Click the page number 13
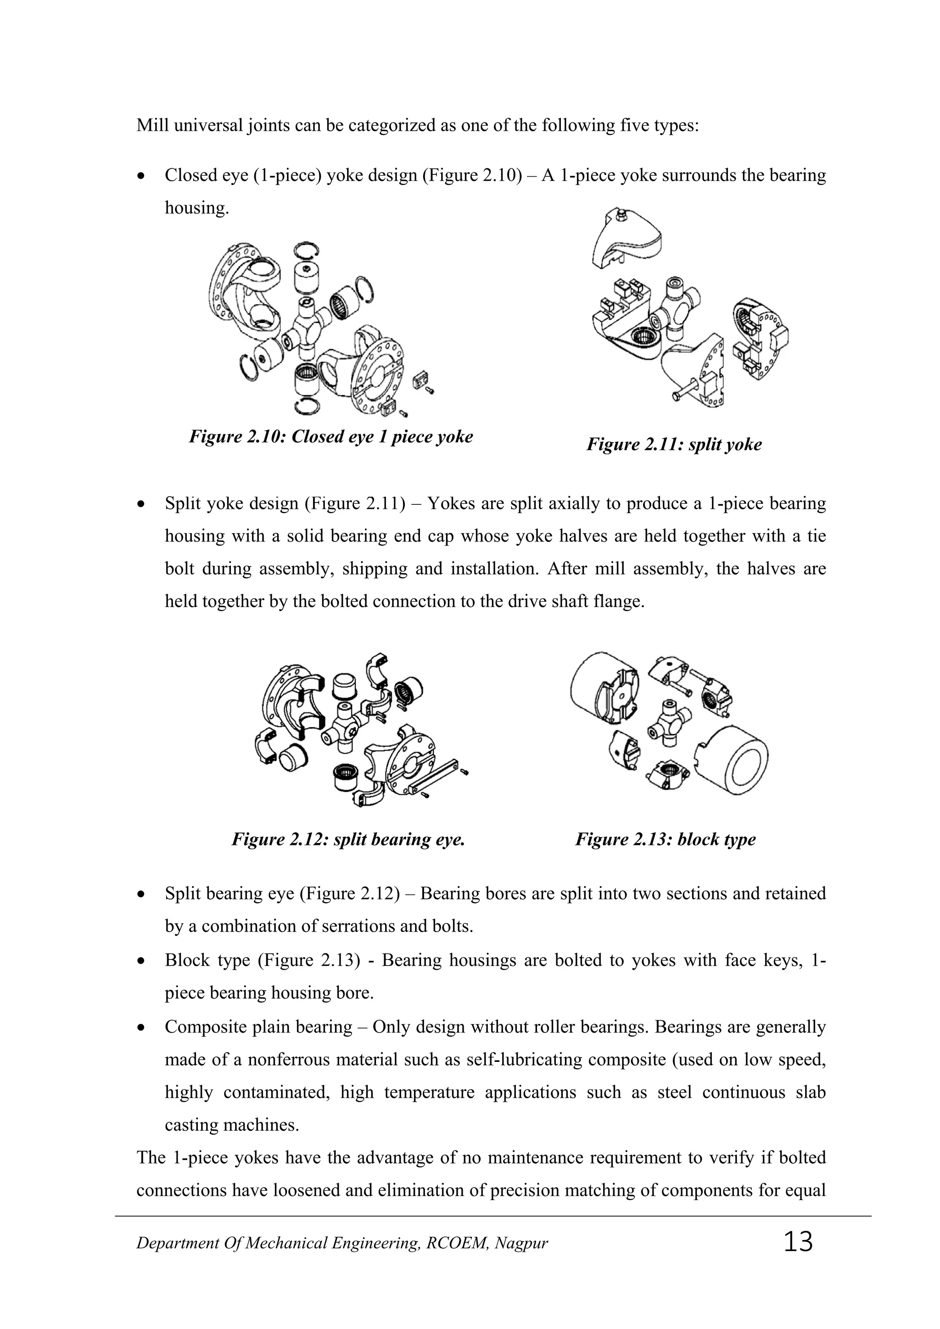798,1242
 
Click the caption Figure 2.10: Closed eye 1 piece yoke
330,436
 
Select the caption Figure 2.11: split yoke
674,445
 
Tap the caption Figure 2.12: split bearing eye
348,839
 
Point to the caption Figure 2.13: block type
665,839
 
